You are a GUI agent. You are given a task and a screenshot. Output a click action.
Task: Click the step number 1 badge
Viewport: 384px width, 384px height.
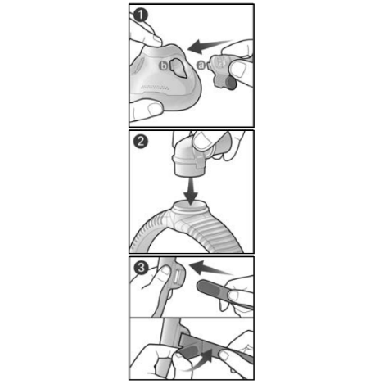(x=141, y=15)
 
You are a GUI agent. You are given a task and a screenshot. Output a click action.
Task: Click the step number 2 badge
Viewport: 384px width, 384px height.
(x=141, y=142)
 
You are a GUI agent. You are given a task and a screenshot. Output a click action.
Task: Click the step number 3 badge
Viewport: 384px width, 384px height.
(x=141, y=268)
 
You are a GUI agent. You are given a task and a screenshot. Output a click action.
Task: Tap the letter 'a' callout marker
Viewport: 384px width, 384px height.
(x=201, y=65)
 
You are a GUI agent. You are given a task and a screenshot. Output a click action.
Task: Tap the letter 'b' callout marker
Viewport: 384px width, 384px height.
(x=164, y=66)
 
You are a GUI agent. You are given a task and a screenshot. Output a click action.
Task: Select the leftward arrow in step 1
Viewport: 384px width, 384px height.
(x=210, y=46)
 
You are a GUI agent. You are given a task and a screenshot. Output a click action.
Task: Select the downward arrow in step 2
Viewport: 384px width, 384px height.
(x=191, y=192)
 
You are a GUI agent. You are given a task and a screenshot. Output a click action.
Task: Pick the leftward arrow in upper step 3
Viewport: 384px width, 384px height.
(x=210, y=268)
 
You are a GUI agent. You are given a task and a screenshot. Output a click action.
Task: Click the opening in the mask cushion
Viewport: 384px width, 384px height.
(x=178, y=68)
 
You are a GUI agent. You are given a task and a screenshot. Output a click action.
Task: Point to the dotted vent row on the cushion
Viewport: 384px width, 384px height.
(x=155, y=88)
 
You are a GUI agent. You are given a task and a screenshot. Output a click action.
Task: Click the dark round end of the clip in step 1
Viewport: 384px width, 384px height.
(x=232, y=84)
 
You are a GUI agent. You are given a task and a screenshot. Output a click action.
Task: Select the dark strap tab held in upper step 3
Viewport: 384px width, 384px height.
(x=211, y=289)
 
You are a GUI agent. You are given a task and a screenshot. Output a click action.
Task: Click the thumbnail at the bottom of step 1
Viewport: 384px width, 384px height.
(x=155, y=109)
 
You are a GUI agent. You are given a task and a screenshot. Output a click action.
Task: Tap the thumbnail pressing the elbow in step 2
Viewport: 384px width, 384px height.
(x=202, y=141)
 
